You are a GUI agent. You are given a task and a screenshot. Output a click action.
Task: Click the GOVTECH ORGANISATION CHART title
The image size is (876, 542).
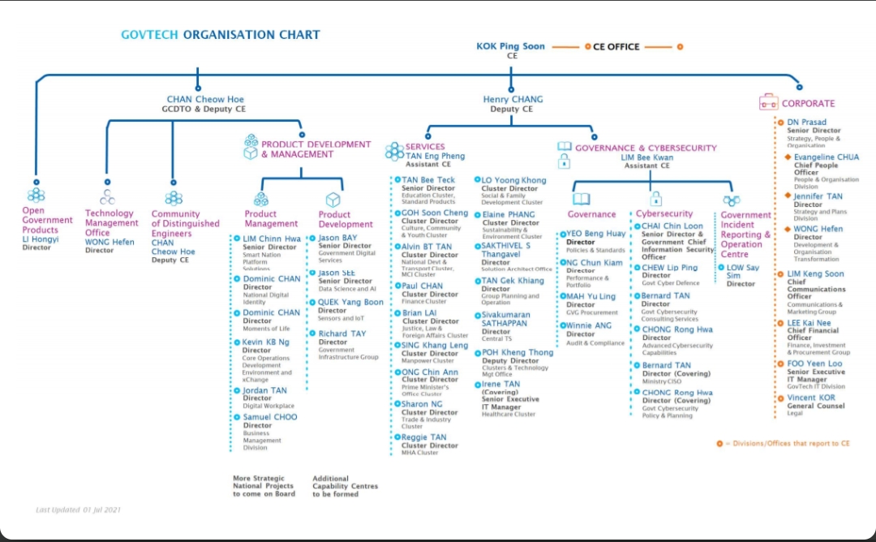tap(221, 35)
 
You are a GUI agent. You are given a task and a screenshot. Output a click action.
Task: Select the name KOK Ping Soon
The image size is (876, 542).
tap(511, 46)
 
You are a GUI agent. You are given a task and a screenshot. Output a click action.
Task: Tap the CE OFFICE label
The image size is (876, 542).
tap(616, 47)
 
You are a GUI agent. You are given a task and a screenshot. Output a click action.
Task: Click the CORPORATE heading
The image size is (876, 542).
tap(808, 104)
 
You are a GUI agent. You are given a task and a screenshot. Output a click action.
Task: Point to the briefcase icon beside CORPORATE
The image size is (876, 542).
tap(767, 102)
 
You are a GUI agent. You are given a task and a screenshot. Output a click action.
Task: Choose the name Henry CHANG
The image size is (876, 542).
tap(513, 100)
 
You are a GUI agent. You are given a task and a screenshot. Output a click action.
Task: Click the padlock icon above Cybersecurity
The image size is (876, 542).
tap(655, 199)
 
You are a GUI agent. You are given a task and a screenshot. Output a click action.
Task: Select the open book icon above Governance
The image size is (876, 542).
tap(581, 199)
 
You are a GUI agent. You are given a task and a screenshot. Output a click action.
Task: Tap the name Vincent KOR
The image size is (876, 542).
tap(811, 398)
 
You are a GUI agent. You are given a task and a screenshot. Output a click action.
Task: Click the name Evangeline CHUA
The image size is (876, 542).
tap(827, 157)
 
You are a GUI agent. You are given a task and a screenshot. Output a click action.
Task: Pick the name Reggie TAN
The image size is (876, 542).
tap(423, 437)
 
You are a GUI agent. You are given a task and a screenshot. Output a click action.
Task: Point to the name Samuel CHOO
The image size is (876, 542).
tap(270, 417)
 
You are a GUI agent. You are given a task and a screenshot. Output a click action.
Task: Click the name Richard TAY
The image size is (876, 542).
tap(342, 333)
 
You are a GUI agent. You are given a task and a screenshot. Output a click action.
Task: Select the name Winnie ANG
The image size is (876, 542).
tap(589, 325)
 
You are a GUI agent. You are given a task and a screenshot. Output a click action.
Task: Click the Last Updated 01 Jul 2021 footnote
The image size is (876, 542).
tap(79, 510)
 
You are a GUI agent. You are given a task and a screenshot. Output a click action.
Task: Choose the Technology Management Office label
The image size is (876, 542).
tap(111, 222)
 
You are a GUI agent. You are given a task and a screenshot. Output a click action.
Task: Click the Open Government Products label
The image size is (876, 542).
tap(47, 220)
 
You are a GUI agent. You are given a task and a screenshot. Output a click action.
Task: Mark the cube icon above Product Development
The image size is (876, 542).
tap(333, 200)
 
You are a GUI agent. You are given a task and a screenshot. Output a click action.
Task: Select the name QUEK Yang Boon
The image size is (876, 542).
tap(350, 303)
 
